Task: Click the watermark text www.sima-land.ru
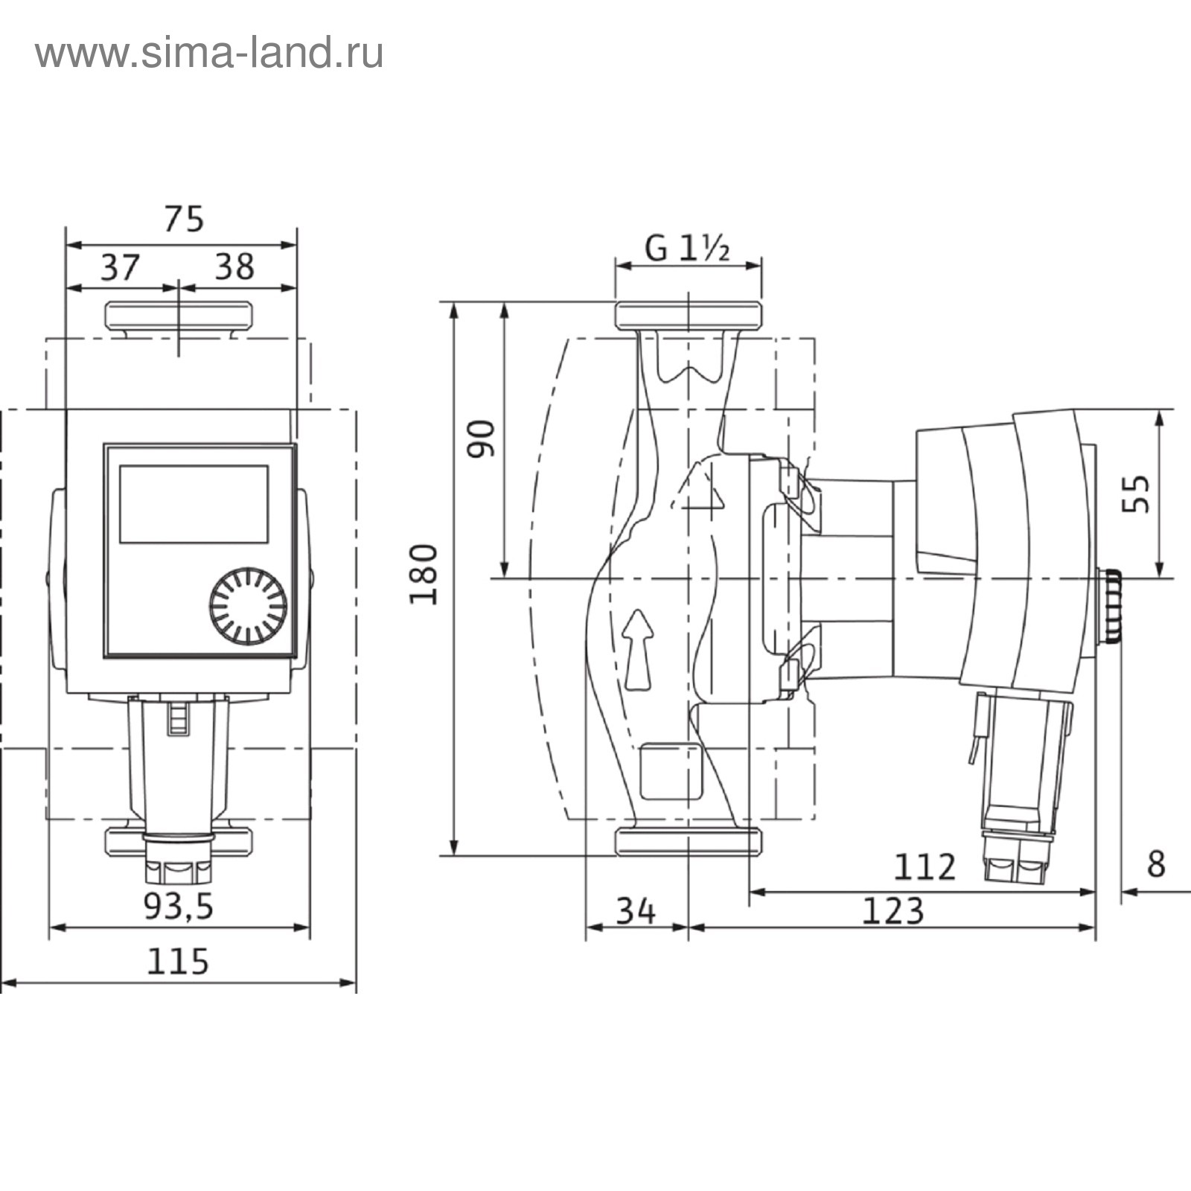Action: [209, 54]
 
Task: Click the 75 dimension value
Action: [184, 220]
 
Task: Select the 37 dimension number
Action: [120, 267]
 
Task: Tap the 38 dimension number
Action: [234, 266]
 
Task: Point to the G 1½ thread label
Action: [687, 248]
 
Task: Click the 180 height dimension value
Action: [425, 575]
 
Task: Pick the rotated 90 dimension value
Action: [482, 439]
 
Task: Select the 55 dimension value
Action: [1136, 494]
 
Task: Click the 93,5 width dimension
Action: [179, 906]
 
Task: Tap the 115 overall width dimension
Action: [178, 961]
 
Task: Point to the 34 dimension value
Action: [636, 910]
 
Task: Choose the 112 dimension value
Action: [925, 867]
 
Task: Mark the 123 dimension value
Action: [893, 910]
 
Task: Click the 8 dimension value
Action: [1155, 864]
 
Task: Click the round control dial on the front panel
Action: [248, 607]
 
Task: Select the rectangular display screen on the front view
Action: [194, 505]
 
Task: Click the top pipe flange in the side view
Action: [689, 315]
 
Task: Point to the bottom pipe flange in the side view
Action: [689, 840]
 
